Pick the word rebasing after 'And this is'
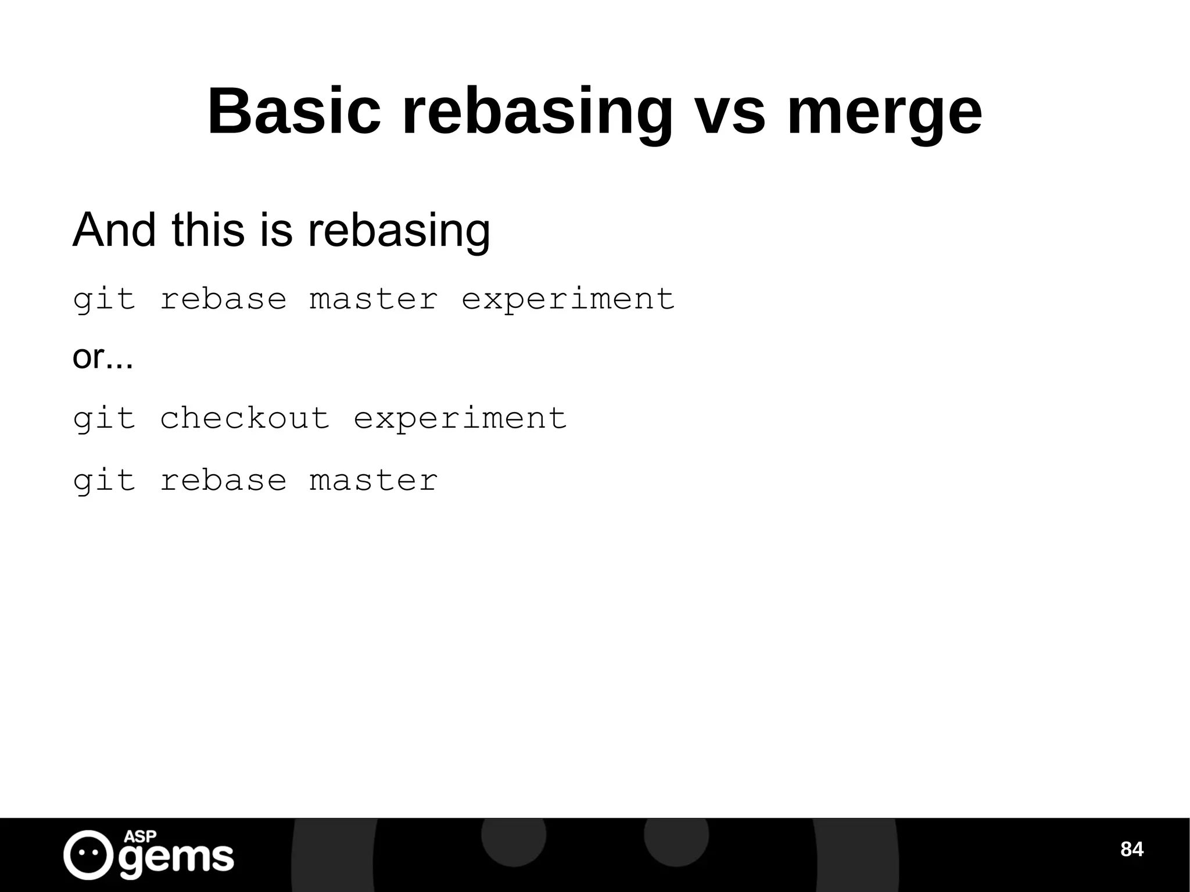pos(399,231)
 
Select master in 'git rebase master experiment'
pos(373,299)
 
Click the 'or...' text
pos(103,357)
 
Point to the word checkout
pos(245,418)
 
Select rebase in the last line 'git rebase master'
pos(223,481)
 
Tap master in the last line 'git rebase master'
pos(373,481)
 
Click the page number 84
pos(1131,849)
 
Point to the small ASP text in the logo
pos(140,837)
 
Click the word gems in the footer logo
pos(176,858)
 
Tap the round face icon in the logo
pos(88,854)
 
